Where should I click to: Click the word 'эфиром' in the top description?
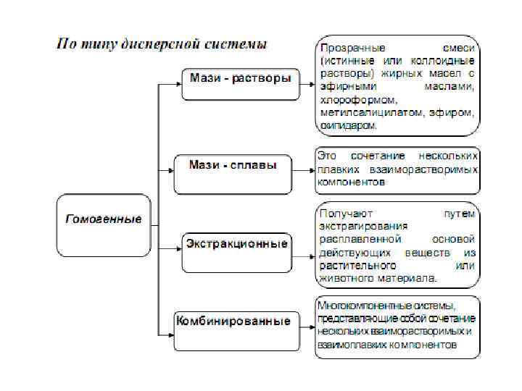tap(455, 112)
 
